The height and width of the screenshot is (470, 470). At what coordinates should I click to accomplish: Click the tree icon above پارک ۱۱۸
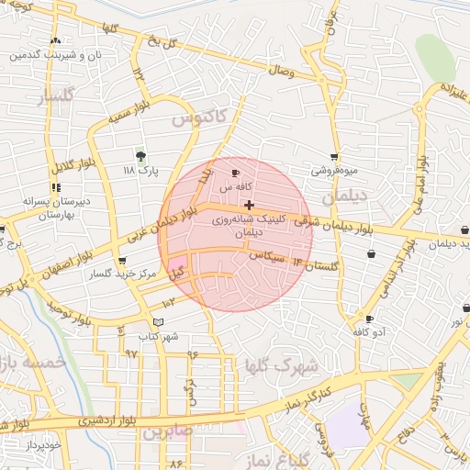(x=140, y=156)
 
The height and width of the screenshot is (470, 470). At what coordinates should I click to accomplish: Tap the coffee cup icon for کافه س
(x=236, y=173)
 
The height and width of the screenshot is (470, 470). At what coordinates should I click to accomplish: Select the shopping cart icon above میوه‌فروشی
(x=334, y=157)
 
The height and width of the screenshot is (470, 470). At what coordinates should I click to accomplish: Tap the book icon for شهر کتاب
(x=159, y=322)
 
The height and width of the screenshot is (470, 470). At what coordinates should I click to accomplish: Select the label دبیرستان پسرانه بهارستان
(x=34, y=207)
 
